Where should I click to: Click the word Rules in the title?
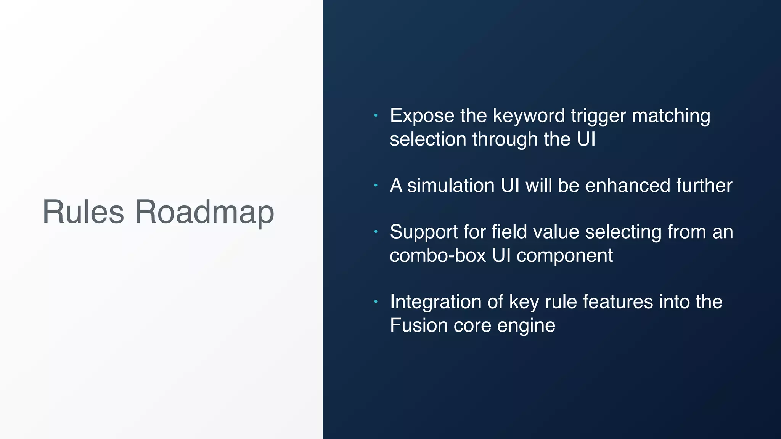(83, 212)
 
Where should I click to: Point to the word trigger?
(598, 116)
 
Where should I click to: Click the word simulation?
(451, 186)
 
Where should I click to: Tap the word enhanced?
(627, 186)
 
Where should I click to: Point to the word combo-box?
(438, 255)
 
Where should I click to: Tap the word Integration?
(435, 302)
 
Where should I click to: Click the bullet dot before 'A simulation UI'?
(376, 186)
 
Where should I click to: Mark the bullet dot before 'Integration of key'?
(376, 302)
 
